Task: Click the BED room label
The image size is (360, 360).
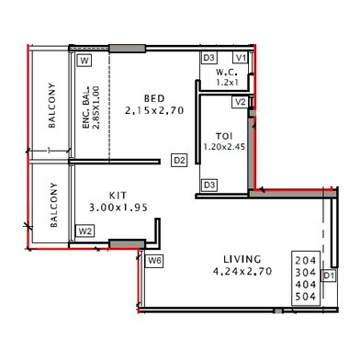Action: coord(154,98)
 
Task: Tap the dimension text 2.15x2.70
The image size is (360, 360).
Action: coord(154,110)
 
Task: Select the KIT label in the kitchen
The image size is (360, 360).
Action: coord(118,196)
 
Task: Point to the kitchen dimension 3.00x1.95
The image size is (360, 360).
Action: coord(118,208)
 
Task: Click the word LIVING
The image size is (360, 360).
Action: coord(242,259)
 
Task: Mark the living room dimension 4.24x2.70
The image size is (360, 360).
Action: coord(242,271)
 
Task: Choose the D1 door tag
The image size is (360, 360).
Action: coord(329,276)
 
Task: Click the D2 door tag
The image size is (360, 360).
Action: coord(179,160)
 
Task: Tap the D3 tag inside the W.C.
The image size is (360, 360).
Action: coord(208,58)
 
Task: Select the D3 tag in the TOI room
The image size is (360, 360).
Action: coord(209,186)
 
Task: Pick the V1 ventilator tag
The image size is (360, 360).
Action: coord(241,58)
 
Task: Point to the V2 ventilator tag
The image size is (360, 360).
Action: coord(241,102)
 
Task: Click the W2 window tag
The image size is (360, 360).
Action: coord(85,231)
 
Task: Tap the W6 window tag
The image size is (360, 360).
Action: coord(154,261)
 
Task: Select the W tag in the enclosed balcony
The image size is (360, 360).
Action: coord(84,61)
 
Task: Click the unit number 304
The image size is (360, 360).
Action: coord(306,272)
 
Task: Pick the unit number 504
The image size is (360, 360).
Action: coord(306,297)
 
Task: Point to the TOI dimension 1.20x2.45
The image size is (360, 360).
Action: coord(224,147)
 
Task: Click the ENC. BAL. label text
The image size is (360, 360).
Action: coord(86,107)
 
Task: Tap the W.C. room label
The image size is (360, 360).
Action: coord(227,73)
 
